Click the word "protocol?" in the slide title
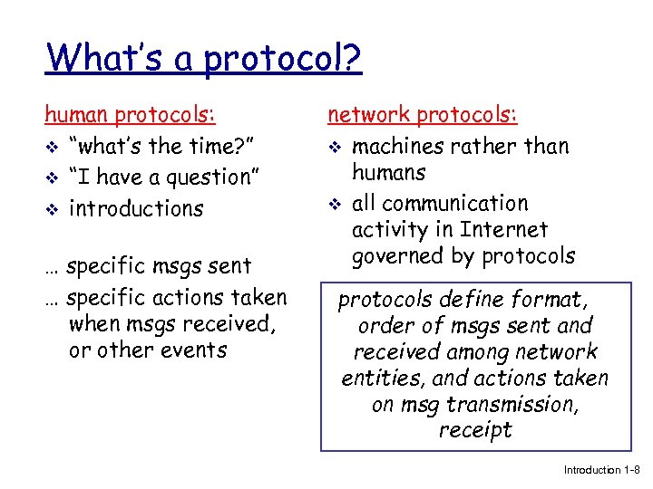(283, 60)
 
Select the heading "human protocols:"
(131, 115)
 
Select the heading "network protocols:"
(423, 115)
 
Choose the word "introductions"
(137, 208)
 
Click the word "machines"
(396, 146)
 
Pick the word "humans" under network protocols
(388, 172)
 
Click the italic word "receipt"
(475, 430)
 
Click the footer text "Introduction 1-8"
(601, 470)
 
